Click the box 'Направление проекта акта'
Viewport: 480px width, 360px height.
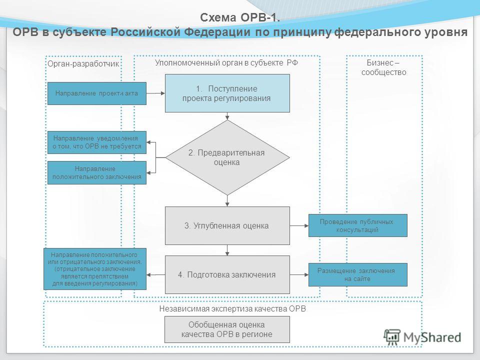coord(96,93)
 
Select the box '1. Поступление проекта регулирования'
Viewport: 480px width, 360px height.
coord(227,93)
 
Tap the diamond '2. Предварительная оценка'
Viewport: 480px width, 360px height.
coord(227,157)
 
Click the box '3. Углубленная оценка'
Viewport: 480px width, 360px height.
coord(227,225)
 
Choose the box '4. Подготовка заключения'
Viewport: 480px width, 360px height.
coord(227,274)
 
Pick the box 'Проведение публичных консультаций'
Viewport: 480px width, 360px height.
coord(357,225)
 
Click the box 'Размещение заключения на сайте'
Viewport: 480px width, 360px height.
coord(357,274)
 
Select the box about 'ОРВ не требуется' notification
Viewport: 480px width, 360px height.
coord(96,142)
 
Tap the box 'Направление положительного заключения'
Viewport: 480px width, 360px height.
coord(96,172)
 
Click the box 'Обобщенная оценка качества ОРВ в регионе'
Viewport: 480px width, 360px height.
coord(227,329)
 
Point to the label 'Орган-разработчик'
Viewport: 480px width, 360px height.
coord(83,63)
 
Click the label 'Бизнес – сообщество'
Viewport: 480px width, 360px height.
coord(383,67)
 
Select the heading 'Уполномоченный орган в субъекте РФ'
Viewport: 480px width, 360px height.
coord(226,63)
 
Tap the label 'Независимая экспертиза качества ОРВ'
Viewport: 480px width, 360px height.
coord(232,308)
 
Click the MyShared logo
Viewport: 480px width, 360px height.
coord(422,337)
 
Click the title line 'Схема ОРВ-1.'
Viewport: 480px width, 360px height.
coord(240,17)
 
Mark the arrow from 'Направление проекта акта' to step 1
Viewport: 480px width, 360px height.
coord(155,93)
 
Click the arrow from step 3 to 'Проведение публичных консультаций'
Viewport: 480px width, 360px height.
coord(299,225)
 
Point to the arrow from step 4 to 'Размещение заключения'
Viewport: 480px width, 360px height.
coord(299,274)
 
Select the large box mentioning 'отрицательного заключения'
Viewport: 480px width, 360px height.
coord(95,269)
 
